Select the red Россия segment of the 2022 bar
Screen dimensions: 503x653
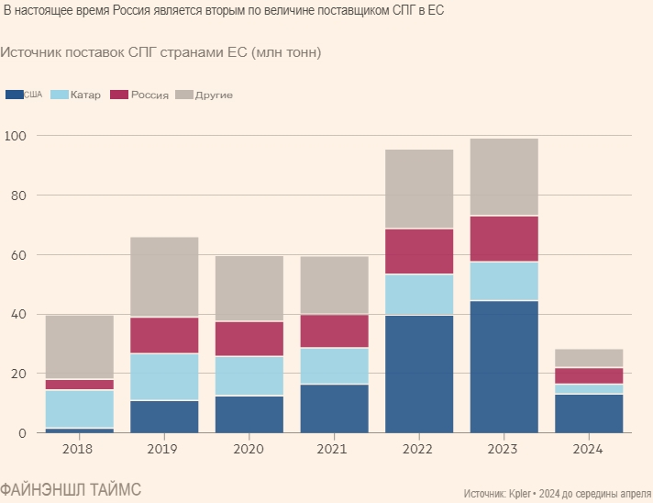(419, 251)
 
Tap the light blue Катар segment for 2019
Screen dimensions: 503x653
(164, 376)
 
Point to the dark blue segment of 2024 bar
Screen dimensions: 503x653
(589, 413)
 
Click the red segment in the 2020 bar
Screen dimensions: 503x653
(249, 339)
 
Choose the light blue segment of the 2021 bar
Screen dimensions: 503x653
(334, 365)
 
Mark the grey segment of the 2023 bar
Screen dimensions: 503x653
(504, 177)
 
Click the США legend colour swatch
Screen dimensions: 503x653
(14, 95)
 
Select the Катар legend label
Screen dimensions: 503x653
(85, 95)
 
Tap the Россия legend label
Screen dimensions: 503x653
(149, 95)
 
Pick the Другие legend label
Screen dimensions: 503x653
(214, 95)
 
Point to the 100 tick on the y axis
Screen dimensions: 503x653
(17, 136)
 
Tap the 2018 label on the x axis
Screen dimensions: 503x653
(79, 450)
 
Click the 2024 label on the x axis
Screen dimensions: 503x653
(589, 450)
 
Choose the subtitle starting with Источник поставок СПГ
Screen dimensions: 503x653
(160, 52)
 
